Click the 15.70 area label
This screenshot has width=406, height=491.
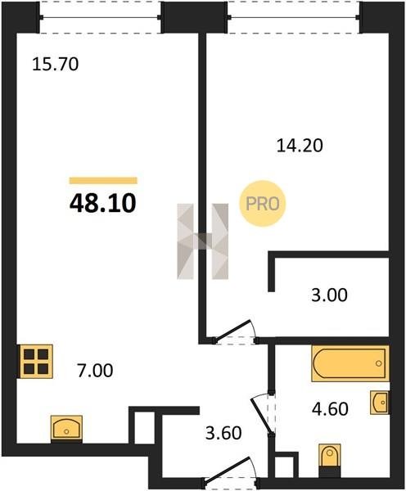click(56, 64)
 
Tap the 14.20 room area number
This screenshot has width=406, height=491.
click(300, 146)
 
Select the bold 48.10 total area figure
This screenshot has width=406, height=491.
click(103, 203)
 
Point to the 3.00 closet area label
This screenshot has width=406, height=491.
click(329, 295)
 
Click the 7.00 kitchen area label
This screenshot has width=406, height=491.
click(95, 371)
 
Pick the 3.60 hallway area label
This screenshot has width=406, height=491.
click(223, 434)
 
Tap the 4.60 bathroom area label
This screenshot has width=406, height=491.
click(330, 409)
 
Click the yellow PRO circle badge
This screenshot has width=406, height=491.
click(263, 204)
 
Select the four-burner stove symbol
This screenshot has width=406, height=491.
click(36, 362)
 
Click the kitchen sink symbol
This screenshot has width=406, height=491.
click(66, 429)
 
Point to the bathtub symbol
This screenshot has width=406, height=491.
click(350, 363)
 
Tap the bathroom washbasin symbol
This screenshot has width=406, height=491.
click(380, 403)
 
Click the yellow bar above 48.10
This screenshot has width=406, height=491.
click(103, 180)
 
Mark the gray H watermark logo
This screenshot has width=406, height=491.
click(203, 241)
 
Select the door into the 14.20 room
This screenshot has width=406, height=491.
click(235, 332)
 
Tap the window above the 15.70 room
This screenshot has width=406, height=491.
click(100, 16)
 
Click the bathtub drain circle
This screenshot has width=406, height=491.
click(379, 363)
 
